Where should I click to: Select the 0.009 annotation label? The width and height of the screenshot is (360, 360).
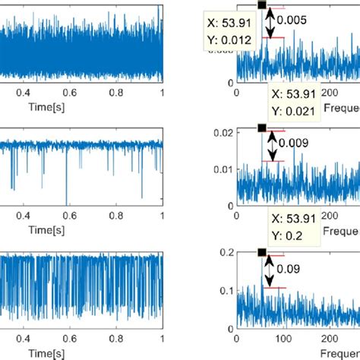coord(294,141)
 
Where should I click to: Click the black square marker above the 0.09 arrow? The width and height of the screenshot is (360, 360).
coord(261,252)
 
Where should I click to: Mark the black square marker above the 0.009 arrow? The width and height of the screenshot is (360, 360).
coord(261,128)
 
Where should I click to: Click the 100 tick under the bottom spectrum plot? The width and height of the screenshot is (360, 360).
coord(283,338)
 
